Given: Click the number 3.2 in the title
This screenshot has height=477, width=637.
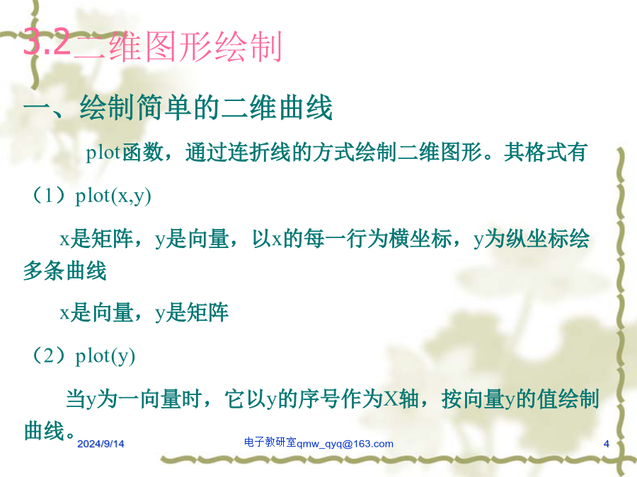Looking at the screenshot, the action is pos(46,42).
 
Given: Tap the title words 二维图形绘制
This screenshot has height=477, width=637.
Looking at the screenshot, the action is pos(178,46).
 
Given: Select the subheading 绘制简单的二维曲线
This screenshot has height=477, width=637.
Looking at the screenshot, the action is pos(206,108).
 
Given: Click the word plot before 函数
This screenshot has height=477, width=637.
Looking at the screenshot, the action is pos(103,153).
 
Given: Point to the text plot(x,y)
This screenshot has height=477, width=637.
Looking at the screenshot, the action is pos(113,196).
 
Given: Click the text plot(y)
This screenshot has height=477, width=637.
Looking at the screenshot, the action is pos(105,356).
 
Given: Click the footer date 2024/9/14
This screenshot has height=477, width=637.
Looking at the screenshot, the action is pos(101,444).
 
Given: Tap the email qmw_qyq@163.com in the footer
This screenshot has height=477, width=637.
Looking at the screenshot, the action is pos(345,444).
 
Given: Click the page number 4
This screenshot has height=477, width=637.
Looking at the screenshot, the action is pos(606,444).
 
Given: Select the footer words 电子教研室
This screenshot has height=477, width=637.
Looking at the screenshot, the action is pos(270,442).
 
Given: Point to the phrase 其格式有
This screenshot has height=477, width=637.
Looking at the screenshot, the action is pos(545,153).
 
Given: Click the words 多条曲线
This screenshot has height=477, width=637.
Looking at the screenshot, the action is pos(65,271).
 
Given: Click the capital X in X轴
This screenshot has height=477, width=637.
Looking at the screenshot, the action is pos(391,399).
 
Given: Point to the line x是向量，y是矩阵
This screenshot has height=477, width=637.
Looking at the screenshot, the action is pos(144,313).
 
